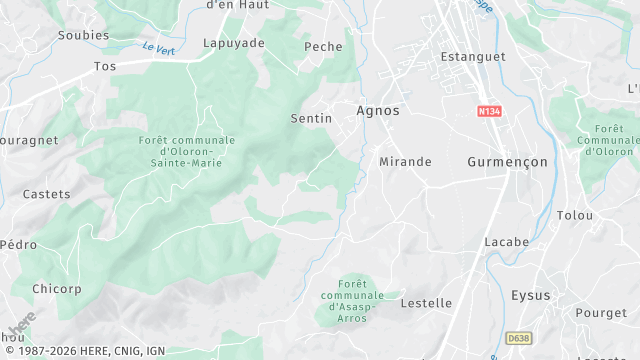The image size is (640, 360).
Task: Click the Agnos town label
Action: (378, 111)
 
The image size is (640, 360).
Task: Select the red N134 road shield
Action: (489, 112)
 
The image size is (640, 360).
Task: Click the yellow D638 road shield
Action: (519, 339)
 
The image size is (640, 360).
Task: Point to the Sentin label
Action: (310, 119)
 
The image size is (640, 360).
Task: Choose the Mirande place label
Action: (405, 161)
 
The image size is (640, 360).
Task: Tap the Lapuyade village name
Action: (234, 44)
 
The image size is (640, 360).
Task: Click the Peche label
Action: (323, 47)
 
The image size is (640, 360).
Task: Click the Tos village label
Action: (104, 66)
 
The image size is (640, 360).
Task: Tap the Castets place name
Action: (46, 194)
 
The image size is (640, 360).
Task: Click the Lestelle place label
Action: (427, 303)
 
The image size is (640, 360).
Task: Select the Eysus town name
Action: (530, 296)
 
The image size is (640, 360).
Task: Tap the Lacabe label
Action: (506, 243)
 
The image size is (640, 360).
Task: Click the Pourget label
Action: (601, 313)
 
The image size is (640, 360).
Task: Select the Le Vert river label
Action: (158, 47)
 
